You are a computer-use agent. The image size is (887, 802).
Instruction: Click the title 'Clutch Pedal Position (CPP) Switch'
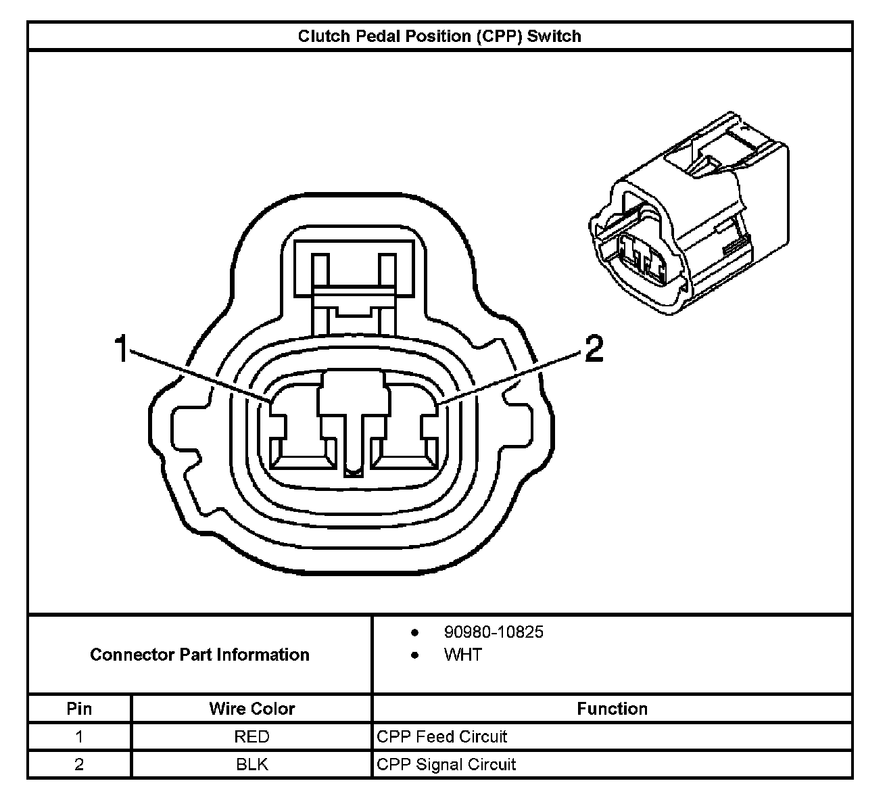coord(439,37)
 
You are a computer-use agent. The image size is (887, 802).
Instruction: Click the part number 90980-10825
coord(494,632)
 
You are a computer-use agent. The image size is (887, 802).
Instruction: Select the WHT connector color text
coord(463,655)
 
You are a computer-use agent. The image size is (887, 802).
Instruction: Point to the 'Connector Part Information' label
coord(200,655)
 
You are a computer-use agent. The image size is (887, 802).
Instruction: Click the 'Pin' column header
coord(79,709)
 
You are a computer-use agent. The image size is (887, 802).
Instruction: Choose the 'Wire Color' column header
coord(252,709)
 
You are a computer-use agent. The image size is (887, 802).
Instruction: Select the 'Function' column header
coord(613,709)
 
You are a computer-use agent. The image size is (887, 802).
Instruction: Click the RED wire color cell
coord(252,736)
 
